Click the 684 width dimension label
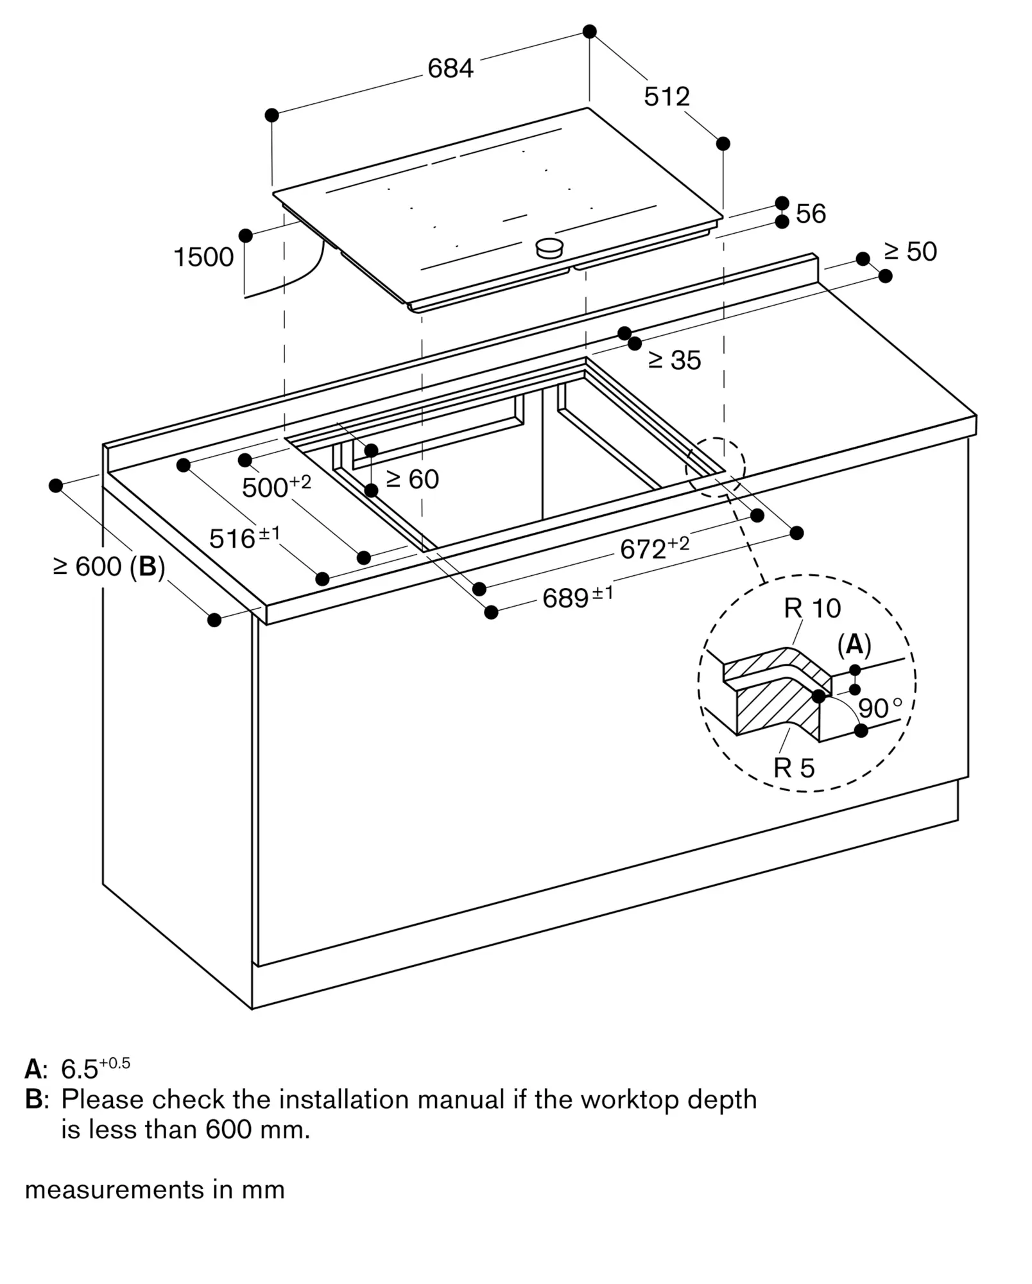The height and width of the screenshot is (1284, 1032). (x=451, y=68)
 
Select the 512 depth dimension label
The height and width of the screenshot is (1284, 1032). (x=667, y=96)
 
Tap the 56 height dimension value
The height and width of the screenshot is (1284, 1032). (x=811, y=214)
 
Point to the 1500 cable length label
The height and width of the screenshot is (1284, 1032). (x=203, y=257)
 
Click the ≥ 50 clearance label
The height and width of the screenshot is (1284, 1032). (x=910, y=252)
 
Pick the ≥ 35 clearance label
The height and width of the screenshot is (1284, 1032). (x=675, y=360)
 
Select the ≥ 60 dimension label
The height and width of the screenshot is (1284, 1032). (x=413, y=479)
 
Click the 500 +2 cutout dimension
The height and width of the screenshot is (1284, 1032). (x=276, y=486)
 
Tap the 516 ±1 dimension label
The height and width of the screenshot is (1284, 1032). (x=245, y=537)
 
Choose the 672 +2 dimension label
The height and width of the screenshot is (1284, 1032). (x=654, y=548)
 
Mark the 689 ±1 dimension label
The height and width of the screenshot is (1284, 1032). (x=578, y=597)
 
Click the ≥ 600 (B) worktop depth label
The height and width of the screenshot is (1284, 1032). (x=109, y=566)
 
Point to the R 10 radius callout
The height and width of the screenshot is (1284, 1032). (x=812, y=608)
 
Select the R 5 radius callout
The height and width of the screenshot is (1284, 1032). (x=794, y=768)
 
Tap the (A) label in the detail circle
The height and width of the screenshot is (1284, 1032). (x=854, y=644)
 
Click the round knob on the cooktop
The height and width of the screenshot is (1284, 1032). (x=549, y=247)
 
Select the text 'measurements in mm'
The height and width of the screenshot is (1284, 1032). (x=155, y=1190)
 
